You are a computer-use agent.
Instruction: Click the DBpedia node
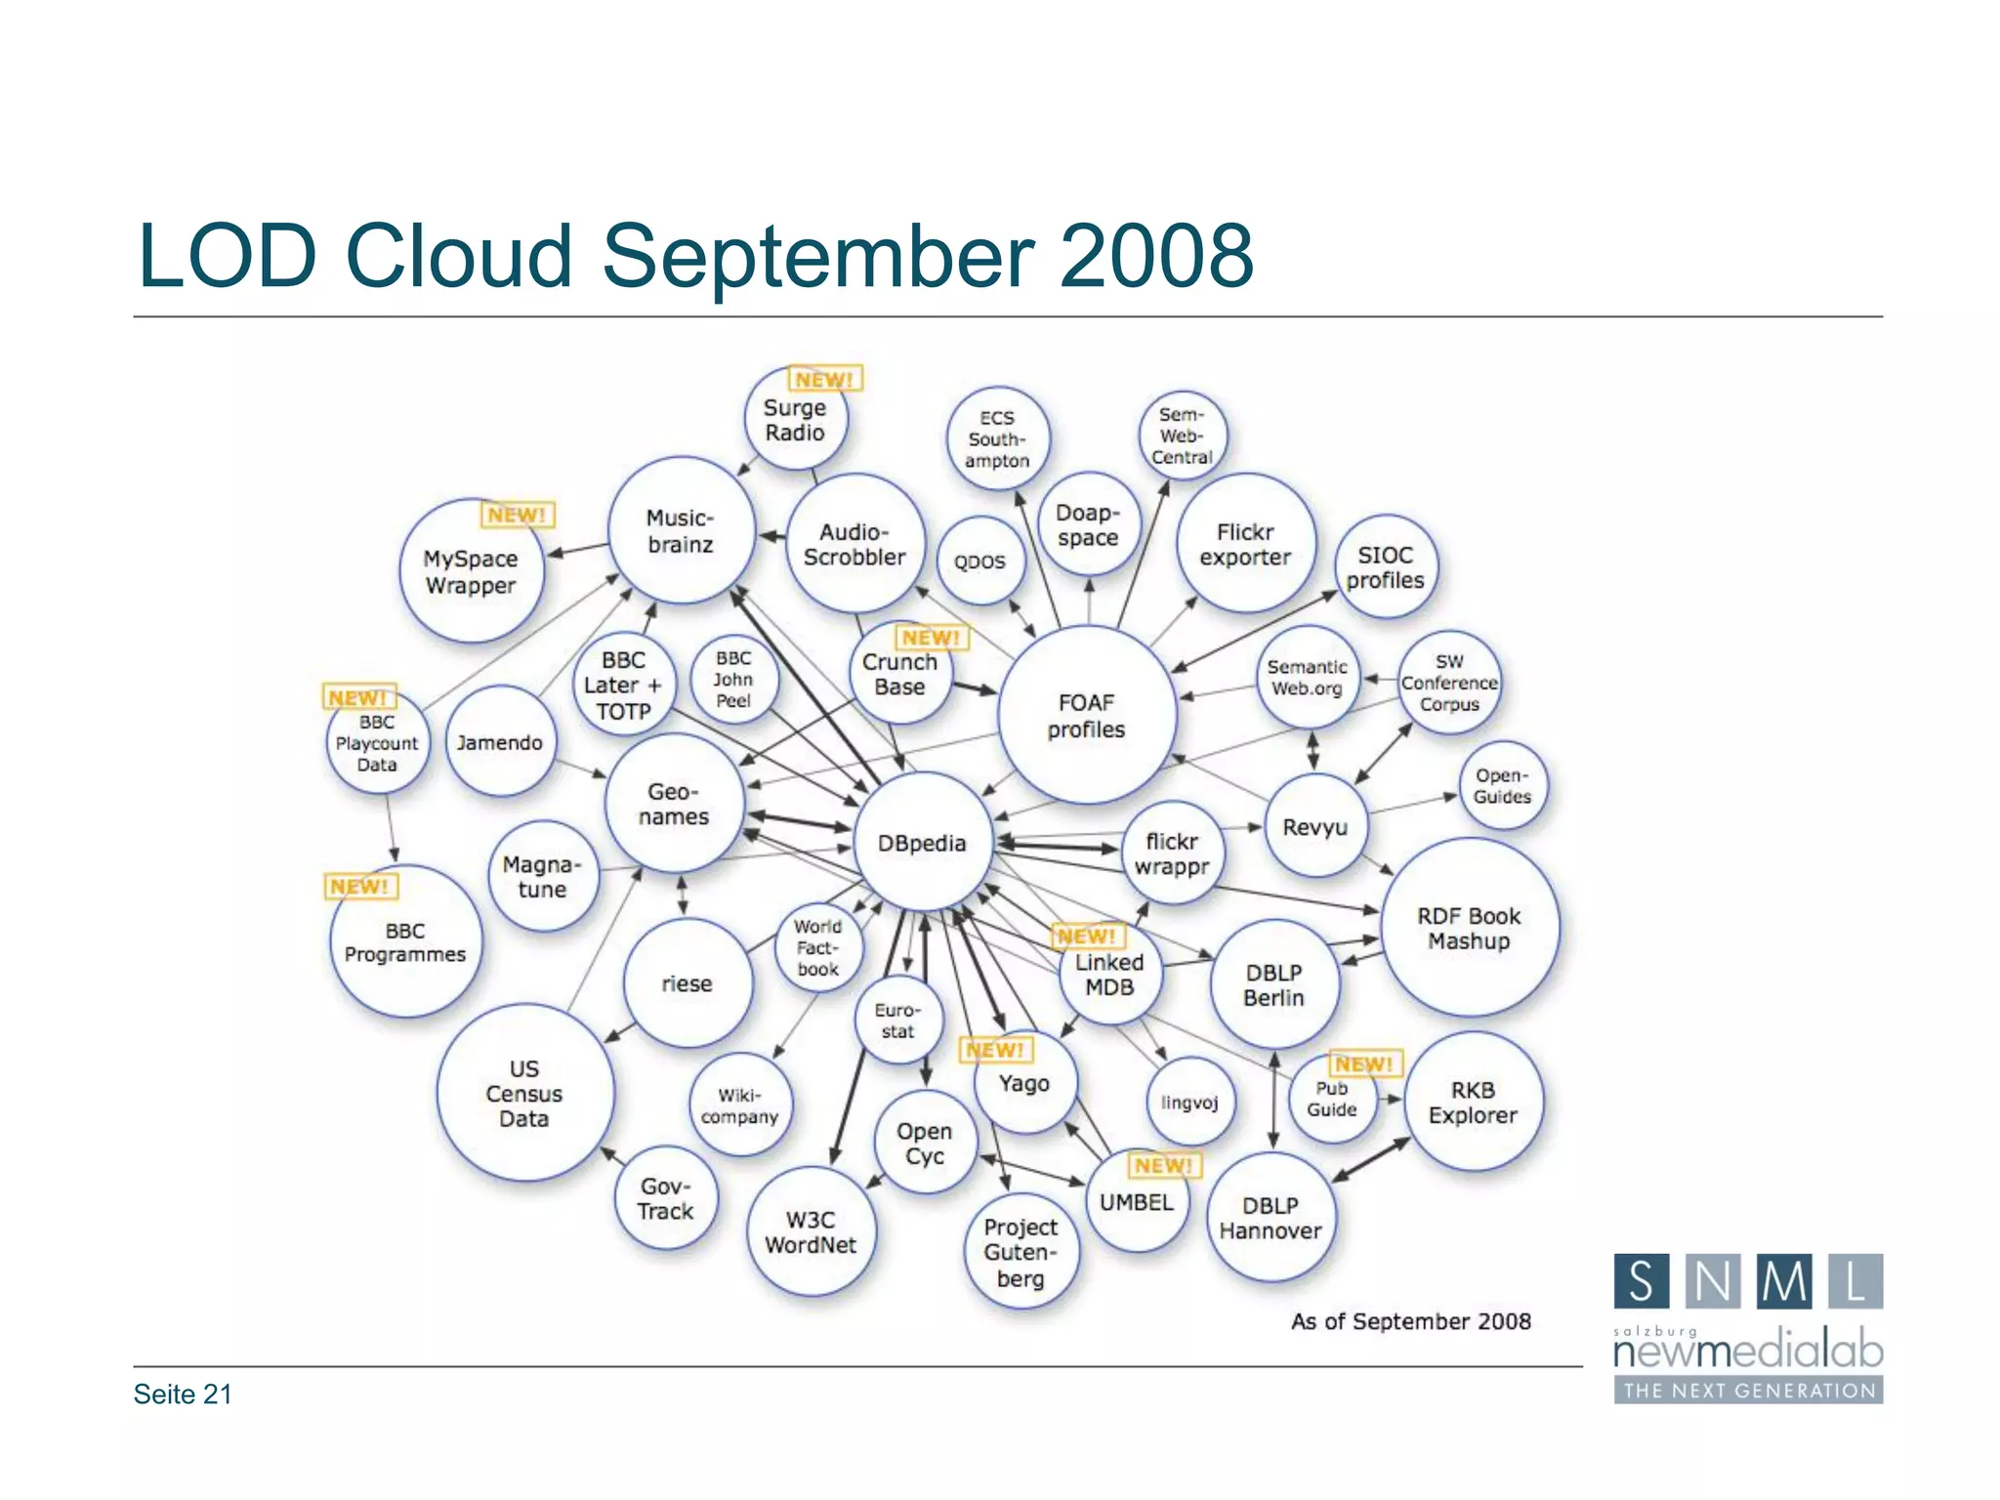[x=922, y=842]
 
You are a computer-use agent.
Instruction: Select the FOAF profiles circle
[x=1086, y=716]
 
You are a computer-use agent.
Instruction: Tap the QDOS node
[x=979, y=562]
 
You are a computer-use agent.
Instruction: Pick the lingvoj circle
[x=1189, y=1103]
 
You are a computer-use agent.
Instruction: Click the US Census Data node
[x=524, y=1093]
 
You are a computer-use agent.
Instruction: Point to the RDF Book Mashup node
[x=1469, y=928]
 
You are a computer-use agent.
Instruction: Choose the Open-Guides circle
[x=1502, y=786]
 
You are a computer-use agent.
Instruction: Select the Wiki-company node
[x=739, y=1105]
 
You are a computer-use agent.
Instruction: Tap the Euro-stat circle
[x=897, y=1021]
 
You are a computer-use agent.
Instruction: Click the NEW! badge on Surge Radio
[x=824, y=379]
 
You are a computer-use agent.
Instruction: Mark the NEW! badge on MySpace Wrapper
[x=517, y=515]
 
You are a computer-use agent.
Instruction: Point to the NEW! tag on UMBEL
[x=1163, y=1165]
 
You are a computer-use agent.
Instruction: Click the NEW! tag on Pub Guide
[x=1364, y=1063]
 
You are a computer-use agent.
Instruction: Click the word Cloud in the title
[x=459, y=256]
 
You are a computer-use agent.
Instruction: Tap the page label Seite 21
[x=183, y=1394]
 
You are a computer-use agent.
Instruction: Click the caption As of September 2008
[x=1411, y=1321]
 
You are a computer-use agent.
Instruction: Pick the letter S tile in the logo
[x=1641, y=1281]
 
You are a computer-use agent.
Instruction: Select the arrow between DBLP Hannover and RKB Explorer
[x=1371, y=1160]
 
